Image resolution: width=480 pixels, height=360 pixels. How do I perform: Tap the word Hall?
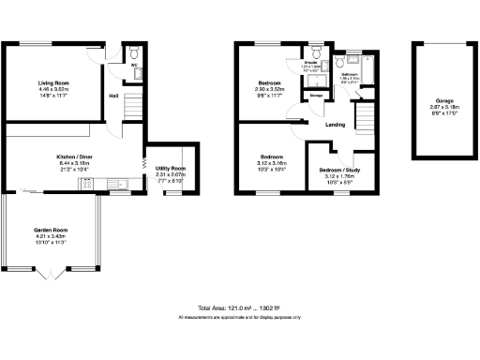click(x=112, y=96)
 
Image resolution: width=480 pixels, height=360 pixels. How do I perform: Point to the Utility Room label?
click(x=171, y=168)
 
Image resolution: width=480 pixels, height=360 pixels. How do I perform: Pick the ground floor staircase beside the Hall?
click(x=133, y=97)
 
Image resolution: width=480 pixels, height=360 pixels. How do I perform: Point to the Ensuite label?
click(x=311, y=64)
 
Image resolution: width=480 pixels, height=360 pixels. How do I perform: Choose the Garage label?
click(x=444, y=99)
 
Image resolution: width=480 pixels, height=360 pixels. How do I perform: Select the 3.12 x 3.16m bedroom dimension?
click(x=272, y=161)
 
